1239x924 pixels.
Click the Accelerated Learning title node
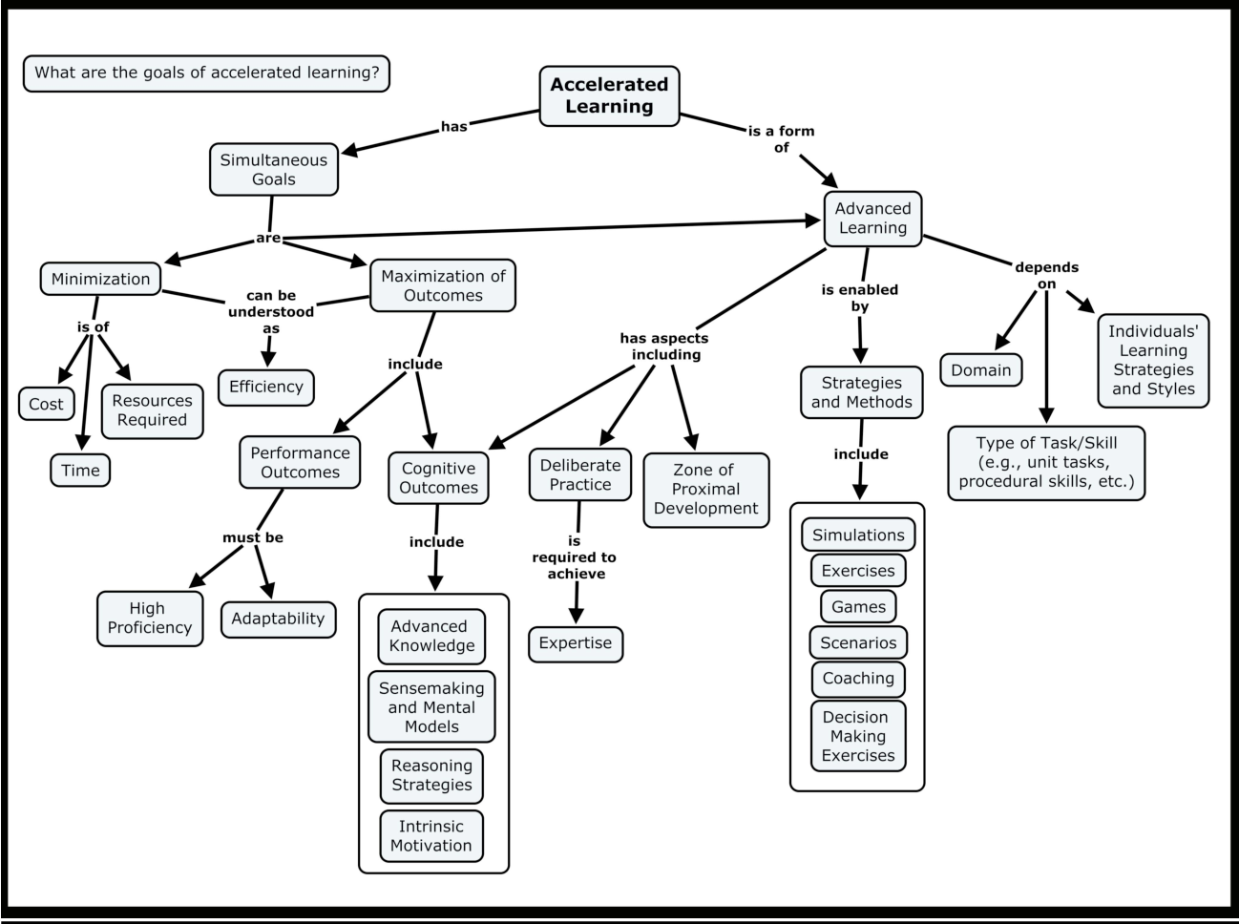(x=609, y=95)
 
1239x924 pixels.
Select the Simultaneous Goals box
(x=274, y=170)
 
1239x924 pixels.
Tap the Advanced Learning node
(x=872, y=219)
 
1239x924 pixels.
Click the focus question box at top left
(x=206, y=73)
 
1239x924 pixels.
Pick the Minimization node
(x=100, y=279)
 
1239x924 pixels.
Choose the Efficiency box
(x=265, y=387)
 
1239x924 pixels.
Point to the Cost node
(x=46, y=404)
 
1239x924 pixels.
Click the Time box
(x=80, y=470)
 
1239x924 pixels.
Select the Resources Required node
(x=152, y=410)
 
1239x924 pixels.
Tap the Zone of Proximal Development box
(x=705, y=489)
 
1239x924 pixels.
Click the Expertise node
(x=575, y=643)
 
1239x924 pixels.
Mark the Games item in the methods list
(x=858, y=606)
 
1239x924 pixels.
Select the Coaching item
(x=858, y=679)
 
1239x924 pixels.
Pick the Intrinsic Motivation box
(x=430, y=836)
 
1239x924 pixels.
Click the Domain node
(x=980, y=370)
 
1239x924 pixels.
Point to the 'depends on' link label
(x=1046, y=275)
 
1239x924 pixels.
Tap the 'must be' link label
(x=253, y=537)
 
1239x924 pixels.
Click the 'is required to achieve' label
(x=575, y=557)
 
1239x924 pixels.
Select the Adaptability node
(x=278, y=619)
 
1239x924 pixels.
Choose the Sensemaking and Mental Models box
(x=431, y=707)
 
